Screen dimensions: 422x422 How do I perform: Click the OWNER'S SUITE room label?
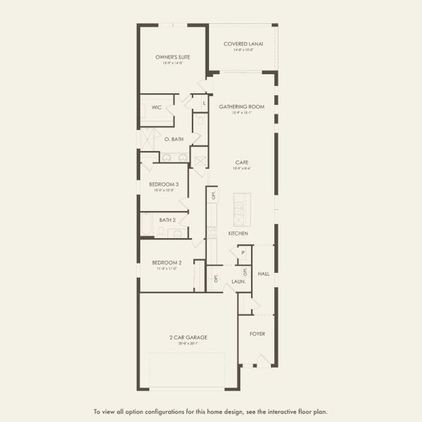tap(173, 57)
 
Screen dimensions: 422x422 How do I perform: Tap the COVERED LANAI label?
tap(243, 44)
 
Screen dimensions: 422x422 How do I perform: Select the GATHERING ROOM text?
tap(241, 107)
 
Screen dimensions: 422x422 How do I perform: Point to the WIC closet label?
tap(156, 108)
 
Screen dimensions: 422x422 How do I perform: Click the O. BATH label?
tap(174, 139)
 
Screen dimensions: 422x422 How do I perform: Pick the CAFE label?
tap(241, 162)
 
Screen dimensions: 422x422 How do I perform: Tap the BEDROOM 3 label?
tap(163, 184)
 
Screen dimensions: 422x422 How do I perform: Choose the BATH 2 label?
tap(167, 219)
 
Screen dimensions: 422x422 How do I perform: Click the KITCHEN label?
tap(238, 233)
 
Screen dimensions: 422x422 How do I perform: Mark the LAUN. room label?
tap(238, 281)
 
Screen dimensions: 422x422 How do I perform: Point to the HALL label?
tap(264, 273)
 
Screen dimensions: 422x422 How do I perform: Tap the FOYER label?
tap(257, 333)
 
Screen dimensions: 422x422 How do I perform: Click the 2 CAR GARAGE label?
tap(188, 337)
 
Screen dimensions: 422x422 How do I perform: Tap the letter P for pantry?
tap(243, 252)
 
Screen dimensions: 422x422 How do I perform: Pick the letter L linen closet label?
tap(204, 104)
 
